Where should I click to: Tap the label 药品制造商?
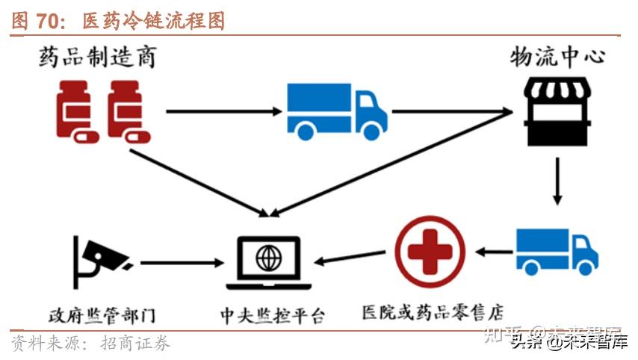tap(99, 57)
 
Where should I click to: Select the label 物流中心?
tap(557, 57)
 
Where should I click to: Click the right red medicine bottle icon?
tap(128, 111)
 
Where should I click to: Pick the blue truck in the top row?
tap(336, 111)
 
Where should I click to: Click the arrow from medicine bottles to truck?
tap(223, 111)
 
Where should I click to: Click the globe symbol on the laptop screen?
tap(267, 258)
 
